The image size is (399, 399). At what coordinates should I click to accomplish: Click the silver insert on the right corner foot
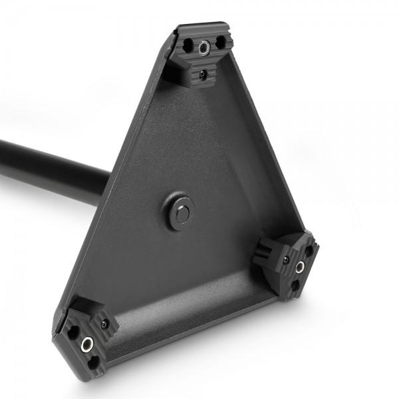click(x=300, y=267)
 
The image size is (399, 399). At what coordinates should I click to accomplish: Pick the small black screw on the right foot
click(x=285, y=259)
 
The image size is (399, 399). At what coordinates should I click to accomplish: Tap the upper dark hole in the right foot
click(x=308, y=251)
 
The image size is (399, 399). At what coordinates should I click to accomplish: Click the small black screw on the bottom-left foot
click(x=104, y=325)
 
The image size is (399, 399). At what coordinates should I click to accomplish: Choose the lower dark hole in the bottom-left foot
click(x=93, y=360)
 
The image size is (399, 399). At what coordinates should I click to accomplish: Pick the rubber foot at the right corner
click(x=289, y=263)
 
